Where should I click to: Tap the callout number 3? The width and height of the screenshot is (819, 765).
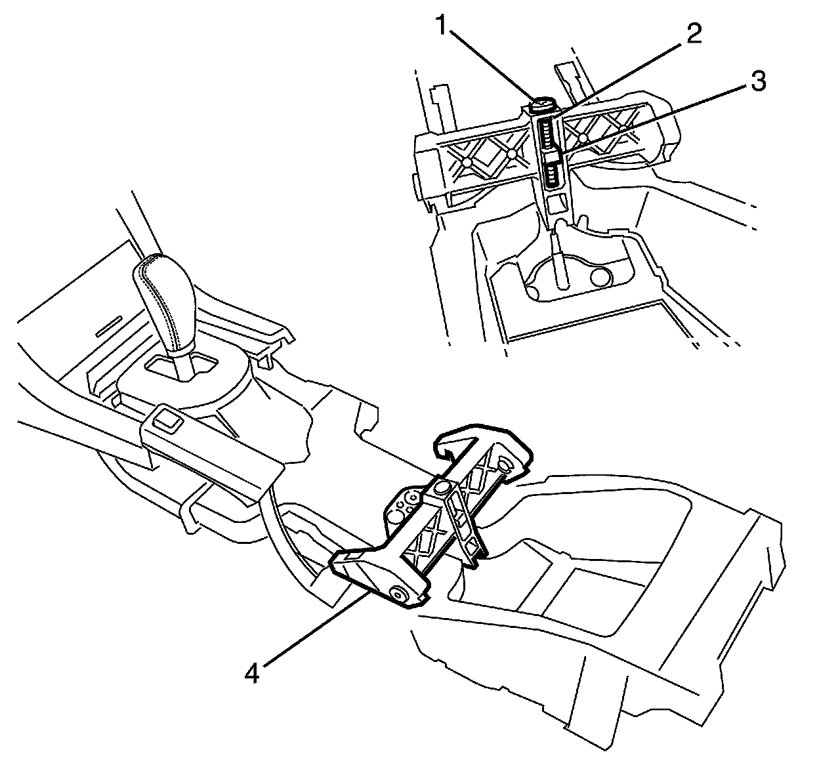point(757,81)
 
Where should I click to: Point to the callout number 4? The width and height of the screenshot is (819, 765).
point(252,672)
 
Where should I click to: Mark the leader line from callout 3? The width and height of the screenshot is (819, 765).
point(656,117)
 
